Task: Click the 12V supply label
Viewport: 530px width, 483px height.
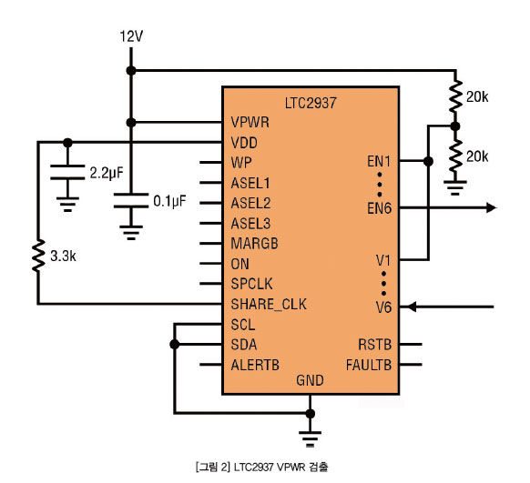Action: pyautogui.click(x=131, y=36)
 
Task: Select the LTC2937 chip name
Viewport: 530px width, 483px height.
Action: pyautogui.click(x=311, y=103)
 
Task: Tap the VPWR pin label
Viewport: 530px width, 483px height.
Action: pyautogui.click(x=250, y=122)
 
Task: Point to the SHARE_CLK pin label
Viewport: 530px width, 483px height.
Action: pyautogui.click(x=269, y=304)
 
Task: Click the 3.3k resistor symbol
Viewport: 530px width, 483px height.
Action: pyautogui.click(x=38, y=256)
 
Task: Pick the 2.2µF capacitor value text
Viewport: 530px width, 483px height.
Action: pyautogui.click(x=107, y=173)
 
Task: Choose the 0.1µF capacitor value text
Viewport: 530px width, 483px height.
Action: pyautogui.click(x=169, y=201)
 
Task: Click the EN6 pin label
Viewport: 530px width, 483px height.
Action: pyautogui.click(x=379, y=208)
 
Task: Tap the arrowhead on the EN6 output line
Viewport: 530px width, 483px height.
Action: pyautogui.click(x=491, y=207)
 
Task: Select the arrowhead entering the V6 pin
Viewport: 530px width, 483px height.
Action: pyautogui.click(x=411, y=307)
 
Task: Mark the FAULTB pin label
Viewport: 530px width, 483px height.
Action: pyautogui.click(x=369, y=365)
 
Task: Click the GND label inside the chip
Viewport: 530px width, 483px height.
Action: pyautogui.click(x=310, y=380)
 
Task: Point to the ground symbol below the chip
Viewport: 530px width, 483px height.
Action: pyautogui.click(x=310, y=438)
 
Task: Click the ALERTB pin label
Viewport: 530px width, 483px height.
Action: pyautogui.click(x=255, y=365)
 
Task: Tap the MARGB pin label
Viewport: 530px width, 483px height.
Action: pyautogui.click(x=254, y=244)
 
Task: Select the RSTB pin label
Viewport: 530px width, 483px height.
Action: pyautogui.click(x=375, y=345)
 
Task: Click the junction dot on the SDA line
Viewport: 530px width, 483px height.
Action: pyautogui.click(x=175, y=344)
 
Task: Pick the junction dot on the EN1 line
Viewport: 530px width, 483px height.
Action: pyautogui.click(x=428, y=161)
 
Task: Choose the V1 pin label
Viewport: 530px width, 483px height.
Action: pyautogui.click(x=383, y=260)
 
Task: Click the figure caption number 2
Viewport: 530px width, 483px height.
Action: pyautogui.click(x=225, y=468)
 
